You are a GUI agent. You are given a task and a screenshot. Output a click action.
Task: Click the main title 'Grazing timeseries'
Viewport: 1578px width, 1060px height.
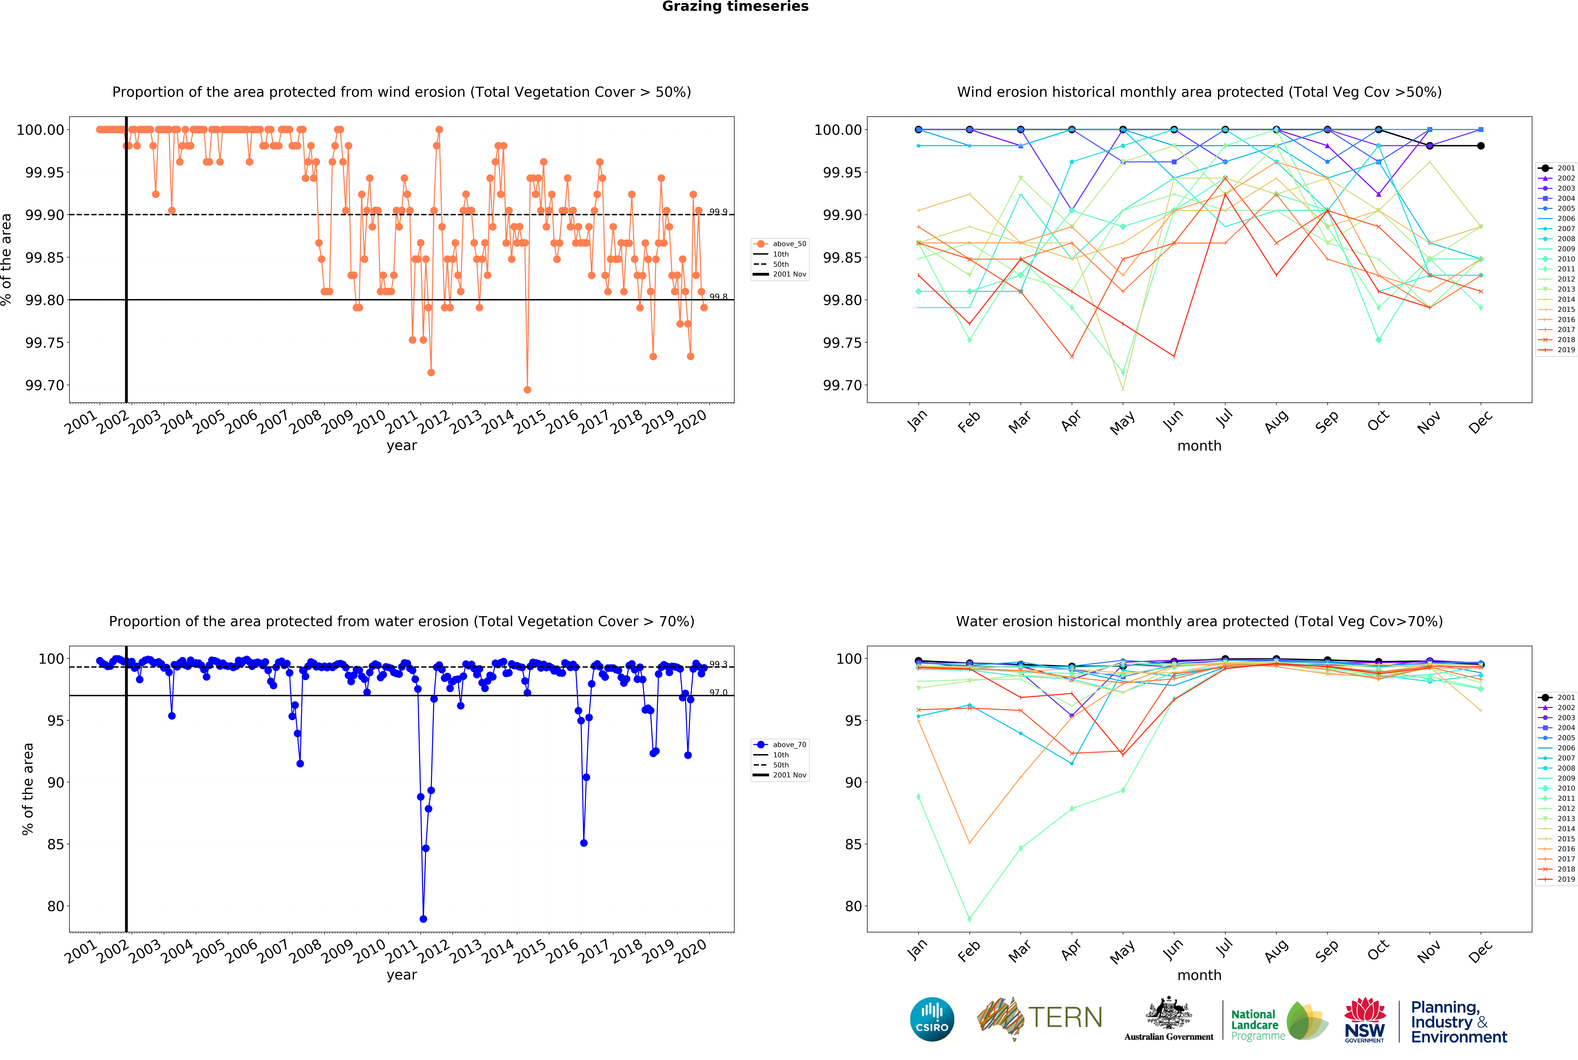tap(735, 7)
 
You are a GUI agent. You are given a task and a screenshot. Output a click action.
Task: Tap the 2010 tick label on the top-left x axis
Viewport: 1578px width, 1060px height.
tap(370, 423)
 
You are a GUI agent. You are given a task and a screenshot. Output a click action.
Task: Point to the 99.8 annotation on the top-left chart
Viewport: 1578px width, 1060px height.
tap(718, 297)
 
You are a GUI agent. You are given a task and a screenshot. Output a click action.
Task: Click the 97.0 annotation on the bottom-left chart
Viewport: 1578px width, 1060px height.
tap(718, 692)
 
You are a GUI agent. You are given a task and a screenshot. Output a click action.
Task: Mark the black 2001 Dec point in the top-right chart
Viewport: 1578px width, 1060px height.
tap(1481, 146)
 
